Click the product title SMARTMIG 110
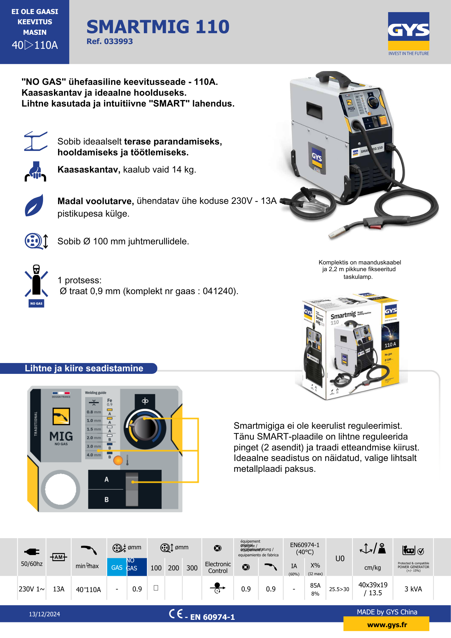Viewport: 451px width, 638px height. pos(158,27)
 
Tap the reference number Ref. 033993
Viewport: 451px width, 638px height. pos(109,41)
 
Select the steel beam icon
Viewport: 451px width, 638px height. pos(36,141)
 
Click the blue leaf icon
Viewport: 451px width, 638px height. pos(34,205)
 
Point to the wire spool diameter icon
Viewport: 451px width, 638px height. pos(36,241)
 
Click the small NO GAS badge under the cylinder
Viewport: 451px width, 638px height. pos(36,303)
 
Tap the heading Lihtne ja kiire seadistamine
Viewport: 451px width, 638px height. pos(84,368)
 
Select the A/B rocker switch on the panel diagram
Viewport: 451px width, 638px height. pos(132,489)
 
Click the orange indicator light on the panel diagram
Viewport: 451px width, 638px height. pos(118,460)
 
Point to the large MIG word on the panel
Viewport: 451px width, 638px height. pos(61,436)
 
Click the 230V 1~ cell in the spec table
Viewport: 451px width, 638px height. pos(32,589)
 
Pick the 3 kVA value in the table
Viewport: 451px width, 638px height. pos(413,589)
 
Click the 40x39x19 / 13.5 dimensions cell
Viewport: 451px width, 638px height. pos(373,589)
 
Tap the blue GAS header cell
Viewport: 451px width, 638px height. pos(117,568)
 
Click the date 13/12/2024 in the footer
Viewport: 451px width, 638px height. pos(44,614)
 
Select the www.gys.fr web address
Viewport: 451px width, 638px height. pos(387,625)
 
